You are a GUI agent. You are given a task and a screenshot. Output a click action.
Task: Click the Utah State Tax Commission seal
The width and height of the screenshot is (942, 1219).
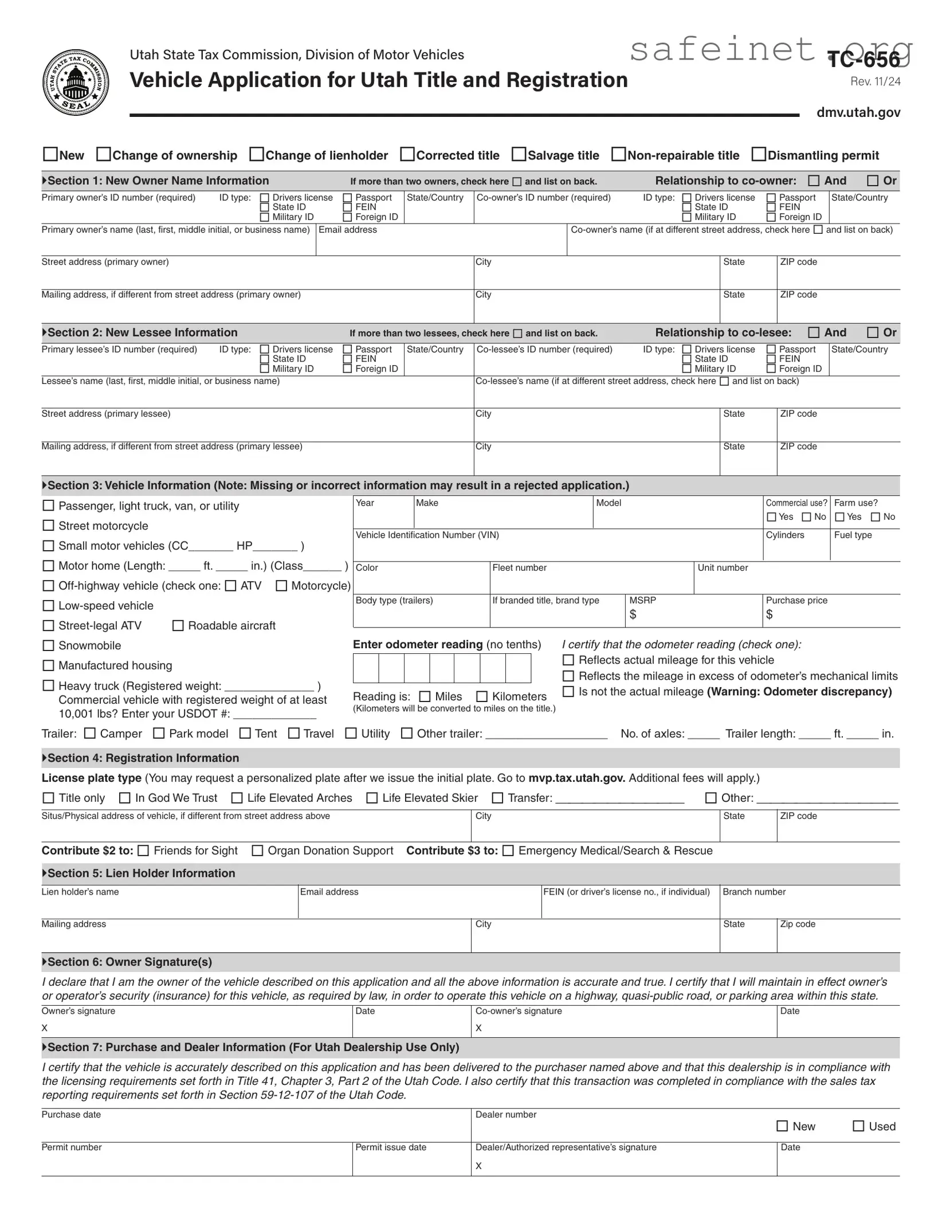[76, 83]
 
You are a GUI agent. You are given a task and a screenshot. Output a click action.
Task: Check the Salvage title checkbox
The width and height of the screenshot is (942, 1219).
[519, 154]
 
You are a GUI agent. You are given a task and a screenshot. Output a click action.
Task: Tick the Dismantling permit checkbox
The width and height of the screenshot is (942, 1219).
[759, 154]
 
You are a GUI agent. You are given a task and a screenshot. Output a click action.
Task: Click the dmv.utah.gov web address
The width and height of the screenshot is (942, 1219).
[858, 112]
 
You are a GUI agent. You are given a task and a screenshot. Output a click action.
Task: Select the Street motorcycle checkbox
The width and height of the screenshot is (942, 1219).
[49, 526]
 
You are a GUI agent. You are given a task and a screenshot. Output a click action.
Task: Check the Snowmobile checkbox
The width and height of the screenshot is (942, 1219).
[49, 645]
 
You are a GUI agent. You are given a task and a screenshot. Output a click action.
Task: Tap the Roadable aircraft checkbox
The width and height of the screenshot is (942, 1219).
[178, 625]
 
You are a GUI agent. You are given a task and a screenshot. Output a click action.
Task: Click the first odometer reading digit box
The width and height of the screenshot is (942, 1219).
[366, 668]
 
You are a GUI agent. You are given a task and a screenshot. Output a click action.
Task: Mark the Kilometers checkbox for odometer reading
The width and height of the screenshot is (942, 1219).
[482, 696]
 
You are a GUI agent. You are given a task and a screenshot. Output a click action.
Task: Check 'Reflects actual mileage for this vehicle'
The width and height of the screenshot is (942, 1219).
[568, 660]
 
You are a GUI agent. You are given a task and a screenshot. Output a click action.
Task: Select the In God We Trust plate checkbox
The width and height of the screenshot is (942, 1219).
[125, 798]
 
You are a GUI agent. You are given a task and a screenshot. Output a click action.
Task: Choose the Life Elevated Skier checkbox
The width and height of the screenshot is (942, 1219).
[372, 798]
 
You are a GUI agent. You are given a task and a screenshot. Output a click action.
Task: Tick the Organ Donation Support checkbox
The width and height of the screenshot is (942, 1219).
[258, 850]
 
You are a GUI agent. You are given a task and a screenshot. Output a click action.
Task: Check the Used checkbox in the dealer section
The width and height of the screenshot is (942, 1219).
[858, 1126]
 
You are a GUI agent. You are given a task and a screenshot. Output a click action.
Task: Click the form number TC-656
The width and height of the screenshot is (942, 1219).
[863, 60]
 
